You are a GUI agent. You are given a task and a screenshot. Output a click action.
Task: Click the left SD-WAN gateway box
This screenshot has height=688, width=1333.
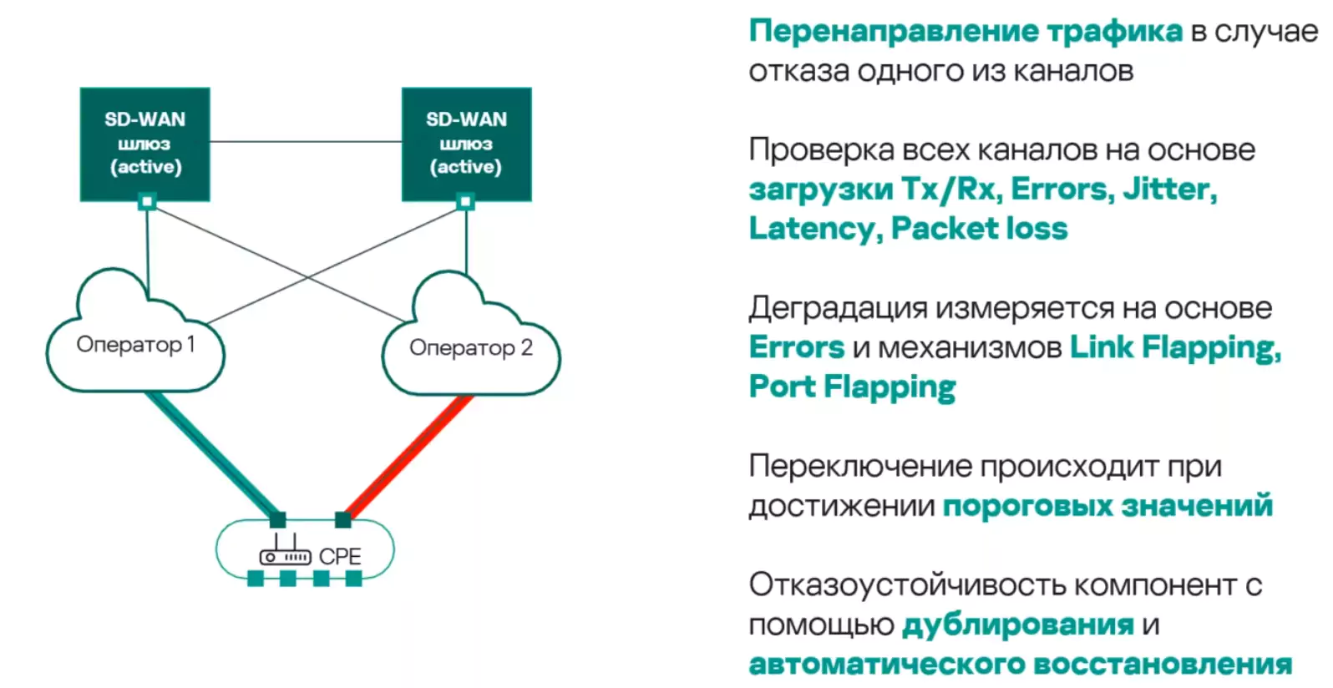coord(144,143)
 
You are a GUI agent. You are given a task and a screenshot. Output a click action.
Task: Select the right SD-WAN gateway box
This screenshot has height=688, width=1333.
coord(466,143)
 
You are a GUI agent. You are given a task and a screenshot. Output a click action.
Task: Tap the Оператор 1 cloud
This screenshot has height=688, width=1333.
coord(135,344)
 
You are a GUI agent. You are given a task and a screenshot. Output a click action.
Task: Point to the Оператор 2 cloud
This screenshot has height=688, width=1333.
coord(470,347)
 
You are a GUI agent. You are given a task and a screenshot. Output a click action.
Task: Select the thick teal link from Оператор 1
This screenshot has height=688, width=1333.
coord(212,456)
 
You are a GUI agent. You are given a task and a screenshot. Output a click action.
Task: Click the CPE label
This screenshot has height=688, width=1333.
coord(340,557)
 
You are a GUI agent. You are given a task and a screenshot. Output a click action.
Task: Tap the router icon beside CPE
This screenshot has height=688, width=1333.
coord(285,552)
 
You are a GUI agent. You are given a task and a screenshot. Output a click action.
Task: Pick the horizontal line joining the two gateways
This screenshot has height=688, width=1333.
coord(306,142)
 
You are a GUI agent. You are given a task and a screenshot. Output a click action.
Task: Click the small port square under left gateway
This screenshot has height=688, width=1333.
coord(147,201)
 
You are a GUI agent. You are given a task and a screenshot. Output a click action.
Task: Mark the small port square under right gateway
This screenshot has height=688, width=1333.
coord(466,201)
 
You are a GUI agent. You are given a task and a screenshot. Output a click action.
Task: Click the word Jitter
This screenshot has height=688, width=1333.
coord(1168,190)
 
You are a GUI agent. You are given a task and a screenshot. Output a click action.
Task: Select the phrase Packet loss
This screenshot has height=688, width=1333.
coord(979,229)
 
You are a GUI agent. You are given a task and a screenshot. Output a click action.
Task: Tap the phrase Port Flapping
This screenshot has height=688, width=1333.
coord(852,387)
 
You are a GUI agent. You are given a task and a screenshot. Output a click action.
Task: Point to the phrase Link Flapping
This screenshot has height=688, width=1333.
coord(1174,347)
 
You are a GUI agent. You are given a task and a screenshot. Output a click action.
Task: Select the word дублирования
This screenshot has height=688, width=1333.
coord(1017,625)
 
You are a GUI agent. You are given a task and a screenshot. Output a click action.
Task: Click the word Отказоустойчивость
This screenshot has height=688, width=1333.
coord(907,585)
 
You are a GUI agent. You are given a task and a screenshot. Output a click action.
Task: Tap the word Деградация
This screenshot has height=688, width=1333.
coord(837,308)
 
